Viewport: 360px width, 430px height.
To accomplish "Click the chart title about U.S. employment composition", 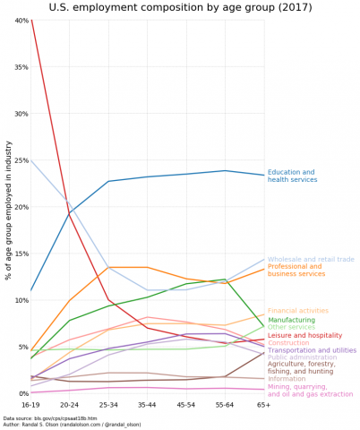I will click(x=180, y=8).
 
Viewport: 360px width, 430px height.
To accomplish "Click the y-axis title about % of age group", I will click(x=8, y=206).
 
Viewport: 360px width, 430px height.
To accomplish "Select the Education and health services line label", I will click(x=292, y=176).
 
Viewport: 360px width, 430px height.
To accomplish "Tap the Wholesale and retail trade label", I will click(x=311, y=259).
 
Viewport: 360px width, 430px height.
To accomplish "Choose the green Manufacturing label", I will click(x=291, y=320).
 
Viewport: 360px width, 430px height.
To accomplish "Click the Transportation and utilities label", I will click(x=312, y=350).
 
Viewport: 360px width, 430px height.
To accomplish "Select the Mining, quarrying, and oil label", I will click(x=304, y=391).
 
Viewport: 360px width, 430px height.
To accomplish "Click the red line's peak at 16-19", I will click(x=31, y=21).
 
